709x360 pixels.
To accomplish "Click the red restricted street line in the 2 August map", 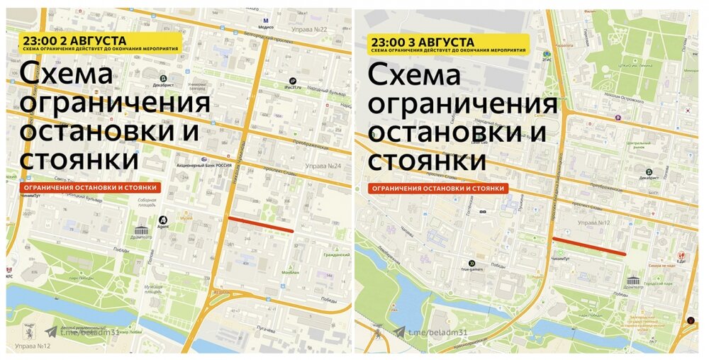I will pyautogui.click(x=260, y=224).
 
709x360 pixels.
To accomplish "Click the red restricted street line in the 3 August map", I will pyautogui.click(x=588, y=245).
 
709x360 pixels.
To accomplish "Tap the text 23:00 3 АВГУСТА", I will pyautogui.click(x=421, y=42).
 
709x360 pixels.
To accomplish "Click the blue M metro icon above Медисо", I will pyautogui.click(x=265, y=21).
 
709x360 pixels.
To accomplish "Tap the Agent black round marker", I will pyautogui.click(x=163, y=220).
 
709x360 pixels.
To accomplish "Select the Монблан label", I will pyautogui.click(x=290, y=272).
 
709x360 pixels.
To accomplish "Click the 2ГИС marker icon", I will pyautogui.click(x=547, y=54).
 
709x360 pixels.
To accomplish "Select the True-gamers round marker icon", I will pyautogui.click(x=471, y=260).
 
